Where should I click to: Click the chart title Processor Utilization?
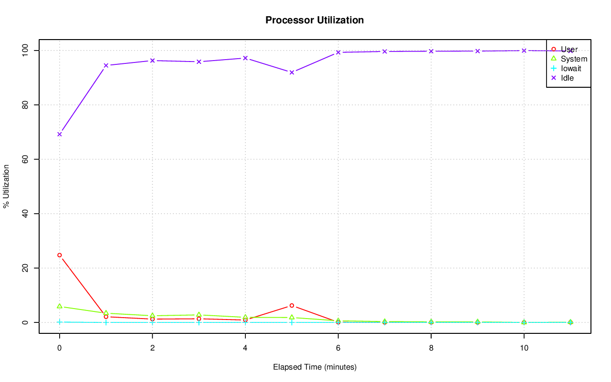(315, 20)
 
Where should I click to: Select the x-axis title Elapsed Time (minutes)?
(315, 367)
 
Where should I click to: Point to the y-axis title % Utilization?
(6, 186)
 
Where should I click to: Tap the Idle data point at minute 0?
(60, 134)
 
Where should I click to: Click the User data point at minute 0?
(60, 255)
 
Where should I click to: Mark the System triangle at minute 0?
(60, 306)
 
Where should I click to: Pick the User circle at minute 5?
(292, 305)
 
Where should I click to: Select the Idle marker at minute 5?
(292, 72)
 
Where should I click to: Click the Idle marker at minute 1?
(106, 65)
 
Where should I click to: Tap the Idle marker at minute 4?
(245, 58)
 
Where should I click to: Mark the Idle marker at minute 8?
(431, 51)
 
